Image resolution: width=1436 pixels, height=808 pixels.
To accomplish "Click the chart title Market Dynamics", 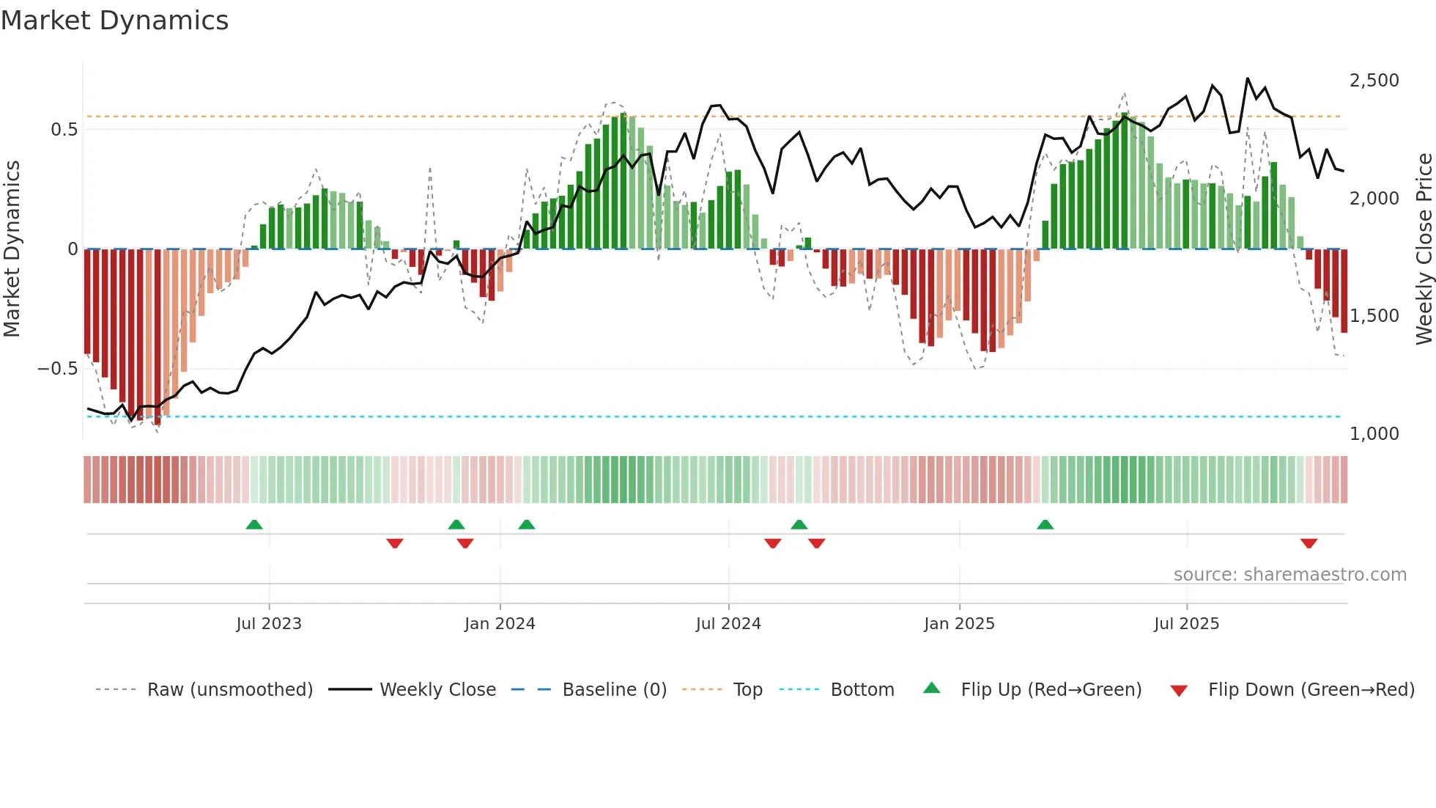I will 114,21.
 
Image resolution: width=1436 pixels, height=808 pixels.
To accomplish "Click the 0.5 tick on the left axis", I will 64,130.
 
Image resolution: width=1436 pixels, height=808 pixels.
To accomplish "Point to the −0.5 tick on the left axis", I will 58,369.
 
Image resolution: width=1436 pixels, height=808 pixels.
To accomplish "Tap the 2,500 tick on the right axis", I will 1374,81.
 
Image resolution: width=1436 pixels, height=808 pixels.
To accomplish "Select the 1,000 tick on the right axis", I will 1374,434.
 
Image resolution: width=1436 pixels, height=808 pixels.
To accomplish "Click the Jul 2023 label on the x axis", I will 269,624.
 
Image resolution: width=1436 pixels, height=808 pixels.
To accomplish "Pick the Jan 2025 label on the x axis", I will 959,624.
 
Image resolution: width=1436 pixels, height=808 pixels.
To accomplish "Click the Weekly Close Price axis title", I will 1424,249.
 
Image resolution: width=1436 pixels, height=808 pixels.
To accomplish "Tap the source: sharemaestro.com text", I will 1289,575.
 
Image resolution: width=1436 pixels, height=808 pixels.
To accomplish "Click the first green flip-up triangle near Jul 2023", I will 254,525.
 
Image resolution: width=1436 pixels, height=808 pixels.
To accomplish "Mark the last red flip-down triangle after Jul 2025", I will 1309,543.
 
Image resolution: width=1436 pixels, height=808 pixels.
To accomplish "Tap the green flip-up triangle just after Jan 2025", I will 1045,525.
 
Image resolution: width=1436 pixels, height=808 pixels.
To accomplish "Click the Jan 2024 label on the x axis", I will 500,624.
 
